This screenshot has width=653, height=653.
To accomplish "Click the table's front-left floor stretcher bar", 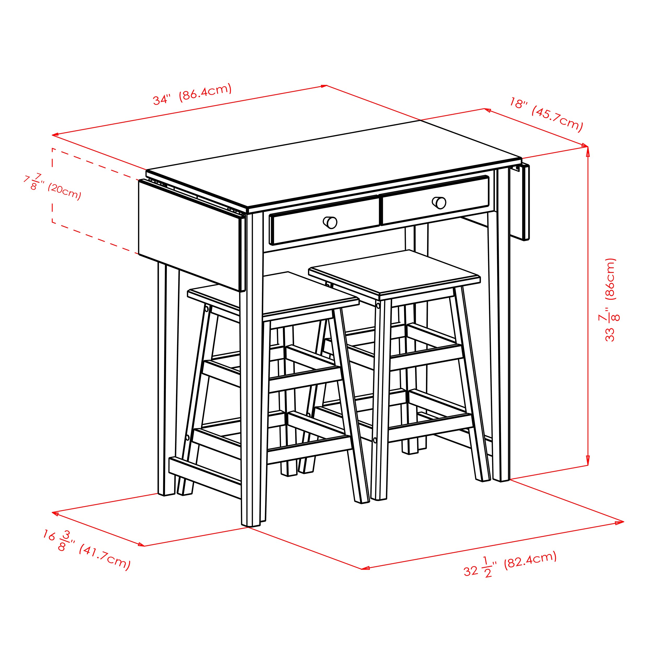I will [205, 477].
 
